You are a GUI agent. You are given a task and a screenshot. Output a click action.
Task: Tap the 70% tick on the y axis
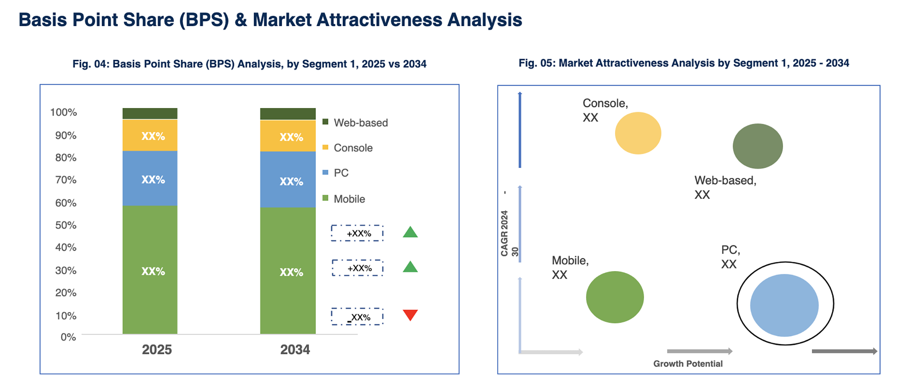(66, 180)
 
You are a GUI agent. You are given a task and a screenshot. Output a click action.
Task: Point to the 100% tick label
(63, 112)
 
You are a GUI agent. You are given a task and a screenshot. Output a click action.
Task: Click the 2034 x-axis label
(295, 349)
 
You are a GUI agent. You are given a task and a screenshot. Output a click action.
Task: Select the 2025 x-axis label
(157, 349)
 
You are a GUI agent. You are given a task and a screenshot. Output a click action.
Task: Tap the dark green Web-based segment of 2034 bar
(288, 114)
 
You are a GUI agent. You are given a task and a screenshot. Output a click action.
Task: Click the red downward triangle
(410, 314)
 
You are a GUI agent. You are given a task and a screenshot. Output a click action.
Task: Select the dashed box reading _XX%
(357, 317)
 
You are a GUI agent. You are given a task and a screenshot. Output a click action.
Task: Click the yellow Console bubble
(638, 133)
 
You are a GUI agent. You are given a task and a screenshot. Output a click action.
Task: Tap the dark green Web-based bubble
(758, 146)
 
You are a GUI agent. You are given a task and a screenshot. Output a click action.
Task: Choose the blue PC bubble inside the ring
(784, 305)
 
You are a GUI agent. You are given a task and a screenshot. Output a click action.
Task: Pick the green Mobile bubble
(615, 297)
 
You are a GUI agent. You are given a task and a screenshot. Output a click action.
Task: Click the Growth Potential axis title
(688, 364)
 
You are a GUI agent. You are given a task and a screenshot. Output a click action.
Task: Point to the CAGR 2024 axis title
(505, 233)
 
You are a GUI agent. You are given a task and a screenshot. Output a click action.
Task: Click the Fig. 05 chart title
(684, 63)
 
